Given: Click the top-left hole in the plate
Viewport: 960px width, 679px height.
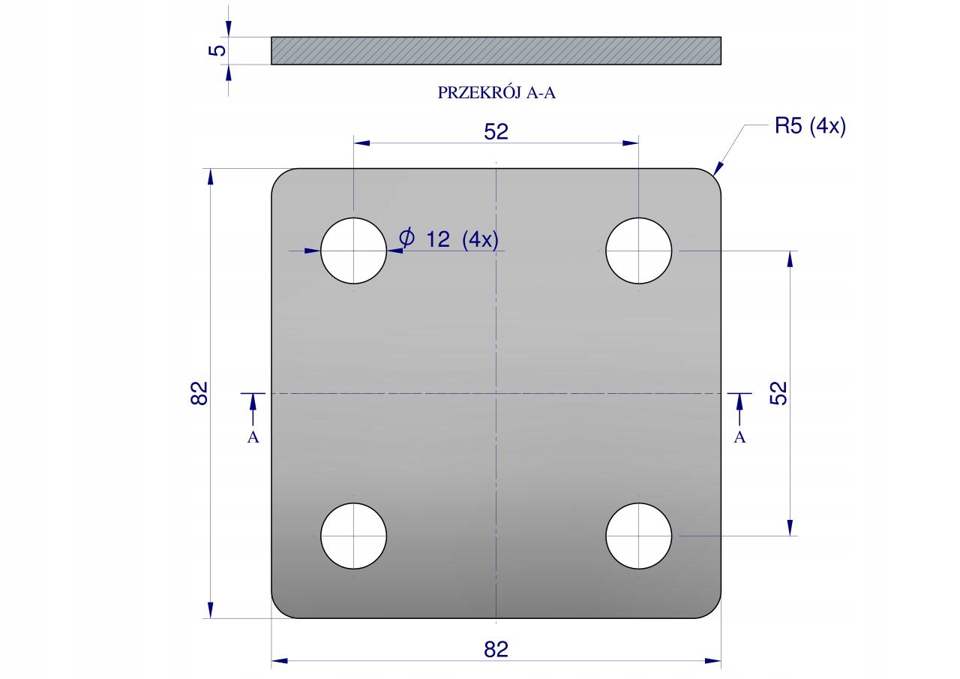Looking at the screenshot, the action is (353, 251).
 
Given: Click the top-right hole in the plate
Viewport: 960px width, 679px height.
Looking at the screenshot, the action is (638, 251).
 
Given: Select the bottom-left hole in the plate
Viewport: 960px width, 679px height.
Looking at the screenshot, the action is (353, 536).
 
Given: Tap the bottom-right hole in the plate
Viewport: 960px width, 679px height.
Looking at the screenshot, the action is (638, 536).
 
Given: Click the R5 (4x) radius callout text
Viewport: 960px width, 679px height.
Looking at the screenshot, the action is (810, 127).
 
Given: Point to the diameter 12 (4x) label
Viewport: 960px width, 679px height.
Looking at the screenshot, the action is (449, 239).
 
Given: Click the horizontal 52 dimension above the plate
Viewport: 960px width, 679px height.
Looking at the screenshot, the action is (496, 131).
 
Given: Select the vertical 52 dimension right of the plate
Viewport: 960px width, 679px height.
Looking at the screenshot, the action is (778, 393).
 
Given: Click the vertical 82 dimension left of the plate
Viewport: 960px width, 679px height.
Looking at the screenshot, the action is (199, 393).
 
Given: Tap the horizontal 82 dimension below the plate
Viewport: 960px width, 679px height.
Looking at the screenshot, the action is (496, 650).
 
